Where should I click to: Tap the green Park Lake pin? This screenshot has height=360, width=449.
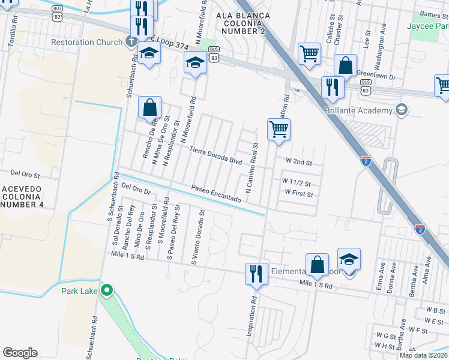point(107,292)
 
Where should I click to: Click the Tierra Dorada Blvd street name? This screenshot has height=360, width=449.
point(215,155)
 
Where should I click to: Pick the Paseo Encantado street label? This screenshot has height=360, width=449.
point(216,193)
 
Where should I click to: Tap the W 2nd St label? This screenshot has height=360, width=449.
point(299,162)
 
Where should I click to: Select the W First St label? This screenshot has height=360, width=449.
point(298,194)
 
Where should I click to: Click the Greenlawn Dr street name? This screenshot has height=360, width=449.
point(376,77)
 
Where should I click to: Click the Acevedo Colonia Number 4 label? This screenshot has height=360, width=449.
point(22,196)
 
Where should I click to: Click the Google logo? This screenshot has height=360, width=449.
point(20,353)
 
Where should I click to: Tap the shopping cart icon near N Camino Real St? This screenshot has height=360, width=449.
point(279,129)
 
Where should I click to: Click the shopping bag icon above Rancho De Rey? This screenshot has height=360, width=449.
point(149,108)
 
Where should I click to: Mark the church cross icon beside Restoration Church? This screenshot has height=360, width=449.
point(130,42)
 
